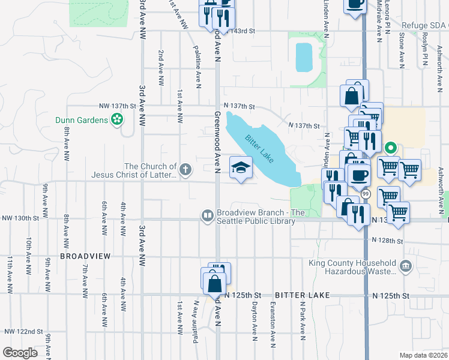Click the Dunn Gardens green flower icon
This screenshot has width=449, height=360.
[x=117, y=120]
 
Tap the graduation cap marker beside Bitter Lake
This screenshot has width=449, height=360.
[x=241, y=169]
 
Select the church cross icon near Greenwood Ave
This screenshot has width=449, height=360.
[x=185, y=169]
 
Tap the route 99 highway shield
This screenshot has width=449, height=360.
[x=365, y=194]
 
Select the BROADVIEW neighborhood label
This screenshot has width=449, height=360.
[x=85, y=256]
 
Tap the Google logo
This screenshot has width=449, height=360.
[x=20, y=352]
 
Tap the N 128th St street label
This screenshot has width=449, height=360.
[x=387, y=240]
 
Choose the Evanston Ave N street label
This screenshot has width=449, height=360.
[x=273, y=325]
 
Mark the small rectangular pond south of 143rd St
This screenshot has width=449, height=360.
[x=304, y=58]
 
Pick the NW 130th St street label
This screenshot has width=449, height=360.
[x=19, y=219]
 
